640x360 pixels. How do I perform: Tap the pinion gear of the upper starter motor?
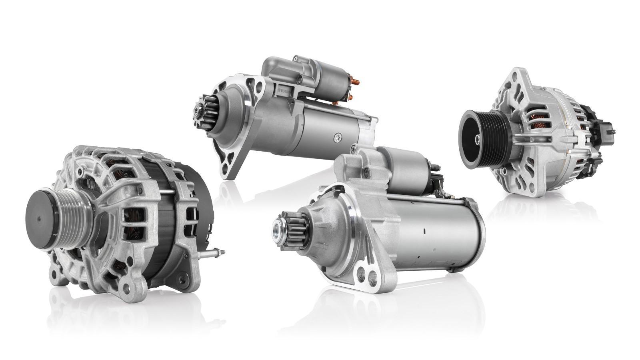204,113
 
